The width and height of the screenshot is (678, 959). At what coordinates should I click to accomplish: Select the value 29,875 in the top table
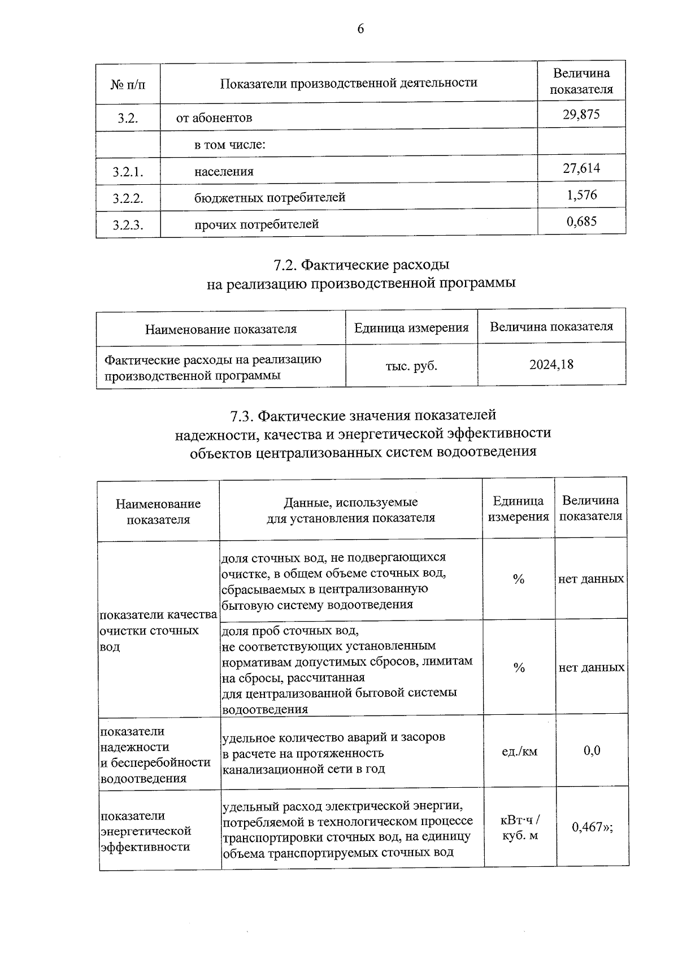point(581,115)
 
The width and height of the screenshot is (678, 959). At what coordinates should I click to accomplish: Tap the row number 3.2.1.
point(128,172)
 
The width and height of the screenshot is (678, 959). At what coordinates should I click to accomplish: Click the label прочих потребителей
point(257,224)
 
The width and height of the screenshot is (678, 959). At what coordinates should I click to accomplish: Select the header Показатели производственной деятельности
point(348,83)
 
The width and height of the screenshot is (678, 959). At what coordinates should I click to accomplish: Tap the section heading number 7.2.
point(285,264)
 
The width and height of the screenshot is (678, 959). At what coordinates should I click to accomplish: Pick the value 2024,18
point(551,364)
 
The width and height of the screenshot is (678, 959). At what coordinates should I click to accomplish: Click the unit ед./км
point(519,751)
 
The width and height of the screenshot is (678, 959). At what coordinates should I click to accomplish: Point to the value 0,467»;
point(592,827)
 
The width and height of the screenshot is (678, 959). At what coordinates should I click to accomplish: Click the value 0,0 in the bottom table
point(592,750)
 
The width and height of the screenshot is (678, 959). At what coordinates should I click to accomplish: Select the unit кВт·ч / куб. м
point(519,827)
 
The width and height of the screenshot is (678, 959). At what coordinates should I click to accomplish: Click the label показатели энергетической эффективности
point(146,831)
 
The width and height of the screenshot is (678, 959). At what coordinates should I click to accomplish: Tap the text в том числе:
point(230,145)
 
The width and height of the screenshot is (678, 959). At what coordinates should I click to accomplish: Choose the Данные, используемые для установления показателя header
point(350,510)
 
